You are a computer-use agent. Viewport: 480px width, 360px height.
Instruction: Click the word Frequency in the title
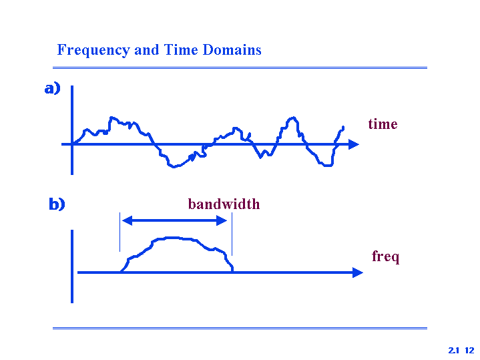pyautogui.click(x=93, y=50)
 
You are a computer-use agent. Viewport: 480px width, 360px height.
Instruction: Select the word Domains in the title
pyautogui.click(x=232, y=49)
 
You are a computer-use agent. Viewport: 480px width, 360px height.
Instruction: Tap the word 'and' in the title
pyautogui.click(x=147, y=49)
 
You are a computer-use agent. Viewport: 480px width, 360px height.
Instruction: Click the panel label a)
pyautogui.click(x=52, y=89)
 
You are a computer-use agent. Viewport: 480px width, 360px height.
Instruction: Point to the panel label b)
pyautogui.click(x=57, y=204)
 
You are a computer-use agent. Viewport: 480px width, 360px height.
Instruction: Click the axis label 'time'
pyautogui.click(x=383, y=124)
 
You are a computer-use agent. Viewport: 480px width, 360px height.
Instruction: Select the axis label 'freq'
pyautogui.click(x=385, y=256)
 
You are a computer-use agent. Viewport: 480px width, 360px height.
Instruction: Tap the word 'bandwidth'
pyautogui.click(x=224, y=204)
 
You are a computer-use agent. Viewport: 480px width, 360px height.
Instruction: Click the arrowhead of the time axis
pyautogui.click(x=354, y=144)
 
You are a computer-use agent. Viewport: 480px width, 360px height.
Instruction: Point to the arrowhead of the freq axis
pyautogui.click(x=358, y=273)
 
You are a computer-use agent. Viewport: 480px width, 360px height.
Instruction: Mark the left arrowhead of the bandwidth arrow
pyautogui.click(x=127, y=220)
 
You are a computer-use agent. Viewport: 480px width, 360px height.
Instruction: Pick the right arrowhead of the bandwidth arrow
pyautogui.click(x=222, y=220)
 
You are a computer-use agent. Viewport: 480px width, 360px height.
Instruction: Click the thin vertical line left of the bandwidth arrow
pyautogui.click(x=119, y=232)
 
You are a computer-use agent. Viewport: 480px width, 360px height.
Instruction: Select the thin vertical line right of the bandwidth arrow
pyautogui.click(x=232, y=234)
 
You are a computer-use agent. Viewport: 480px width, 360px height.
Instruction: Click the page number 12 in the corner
pyautogui.click(x=469, y=350)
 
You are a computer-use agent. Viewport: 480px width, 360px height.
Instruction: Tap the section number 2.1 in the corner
pyautogui.click(x=454, y=350)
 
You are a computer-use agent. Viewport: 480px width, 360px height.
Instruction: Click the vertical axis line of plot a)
pyautogui.click(x=72, y=130)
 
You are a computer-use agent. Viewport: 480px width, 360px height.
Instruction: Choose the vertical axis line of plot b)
pyautogui.click(x=72, y=266)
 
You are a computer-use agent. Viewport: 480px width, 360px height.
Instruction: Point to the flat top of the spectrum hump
pyautogui.click(x=173, y=238)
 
